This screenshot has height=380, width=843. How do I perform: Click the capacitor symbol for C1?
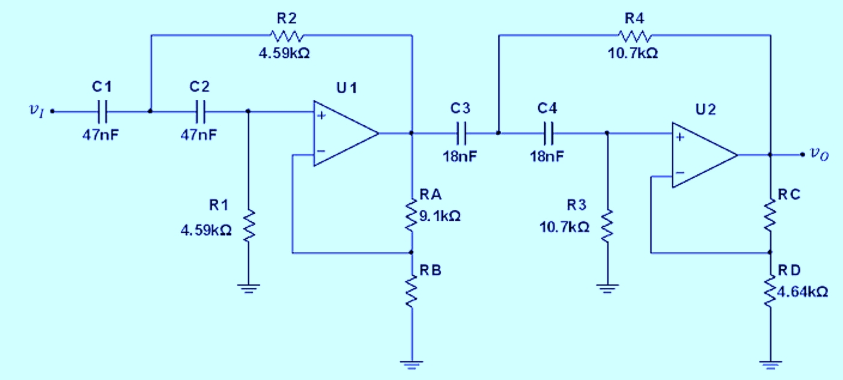pos(103,111)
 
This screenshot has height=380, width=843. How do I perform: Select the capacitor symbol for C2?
pos(201,111)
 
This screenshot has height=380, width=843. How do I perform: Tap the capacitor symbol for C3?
pos(461,132)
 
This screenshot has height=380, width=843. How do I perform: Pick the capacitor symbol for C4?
pos(547,132)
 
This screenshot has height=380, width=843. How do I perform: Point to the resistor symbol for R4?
pos(634,35)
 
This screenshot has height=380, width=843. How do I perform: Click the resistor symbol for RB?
pos(412,291)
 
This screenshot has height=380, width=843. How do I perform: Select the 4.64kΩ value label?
pos(803,292)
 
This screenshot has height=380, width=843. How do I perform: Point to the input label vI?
pos(37,111)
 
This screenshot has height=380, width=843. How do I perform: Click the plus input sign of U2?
pos(680,137)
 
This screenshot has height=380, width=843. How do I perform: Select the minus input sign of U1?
pos(321,152)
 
